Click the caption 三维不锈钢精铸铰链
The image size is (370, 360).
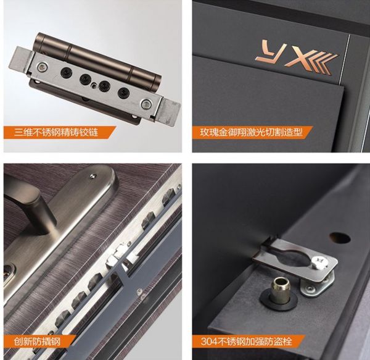(56, 132)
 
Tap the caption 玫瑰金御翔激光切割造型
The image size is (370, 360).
(251, 132)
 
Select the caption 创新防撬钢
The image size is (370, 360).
(37, 341)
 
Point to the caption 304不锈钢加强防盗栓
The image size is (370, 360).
(247, 341)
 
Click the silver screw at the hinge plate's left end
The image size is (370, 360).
(42, 67)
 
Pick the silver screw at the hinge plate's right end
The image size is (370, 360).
(146, 104)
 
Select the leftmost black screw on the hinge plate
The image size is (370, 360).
(65, 72)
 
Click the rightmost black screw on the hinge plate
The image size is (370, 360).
(123, 92)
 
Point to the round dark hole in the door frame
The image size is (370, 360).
(340, 238)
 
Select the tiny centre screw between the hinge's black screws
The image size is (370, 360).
(94, 85)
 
